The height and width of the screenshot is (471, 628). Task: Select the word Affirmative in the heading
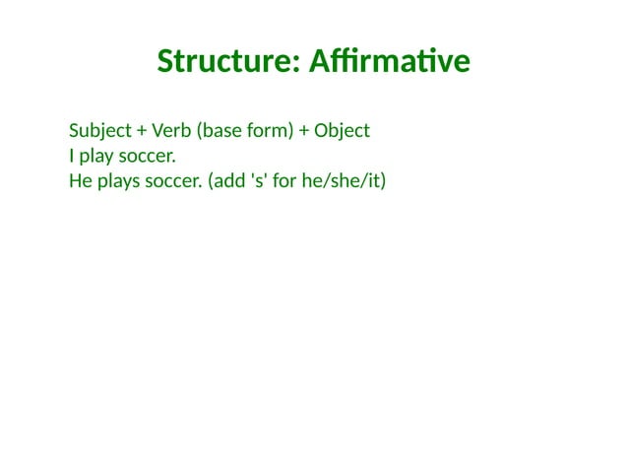pyautogui.click(x=389, y=61)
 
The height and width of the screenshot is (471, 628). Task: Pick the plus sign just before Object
pyautogui.click(x=304, y=131)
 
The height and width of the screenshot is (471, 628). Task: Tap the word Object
pyautogui.click(x=342, y=131)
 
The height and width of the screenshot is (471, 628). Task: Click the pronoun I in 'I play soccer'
pyautogui.click(x=72, y=156)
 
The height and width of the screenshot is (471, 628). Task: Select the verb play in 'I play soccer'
pyautogui.click(x=96, y=157)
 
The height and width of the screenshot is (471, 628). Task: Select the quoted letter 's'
pyautogui.click(x=259, y=181)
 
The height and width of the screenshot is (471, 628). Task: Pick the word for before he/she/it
pyautogui.click(x=285, y=181)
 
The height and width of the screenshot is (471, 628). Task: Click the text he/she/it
pyautogui.click(x=341, y=181)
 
